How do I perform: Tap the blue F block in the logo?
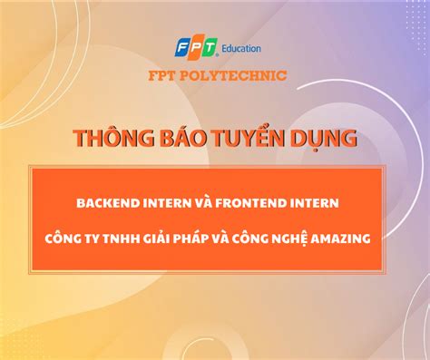coord(181,47)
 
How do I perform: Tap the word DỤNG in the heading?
coord(318,140)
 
